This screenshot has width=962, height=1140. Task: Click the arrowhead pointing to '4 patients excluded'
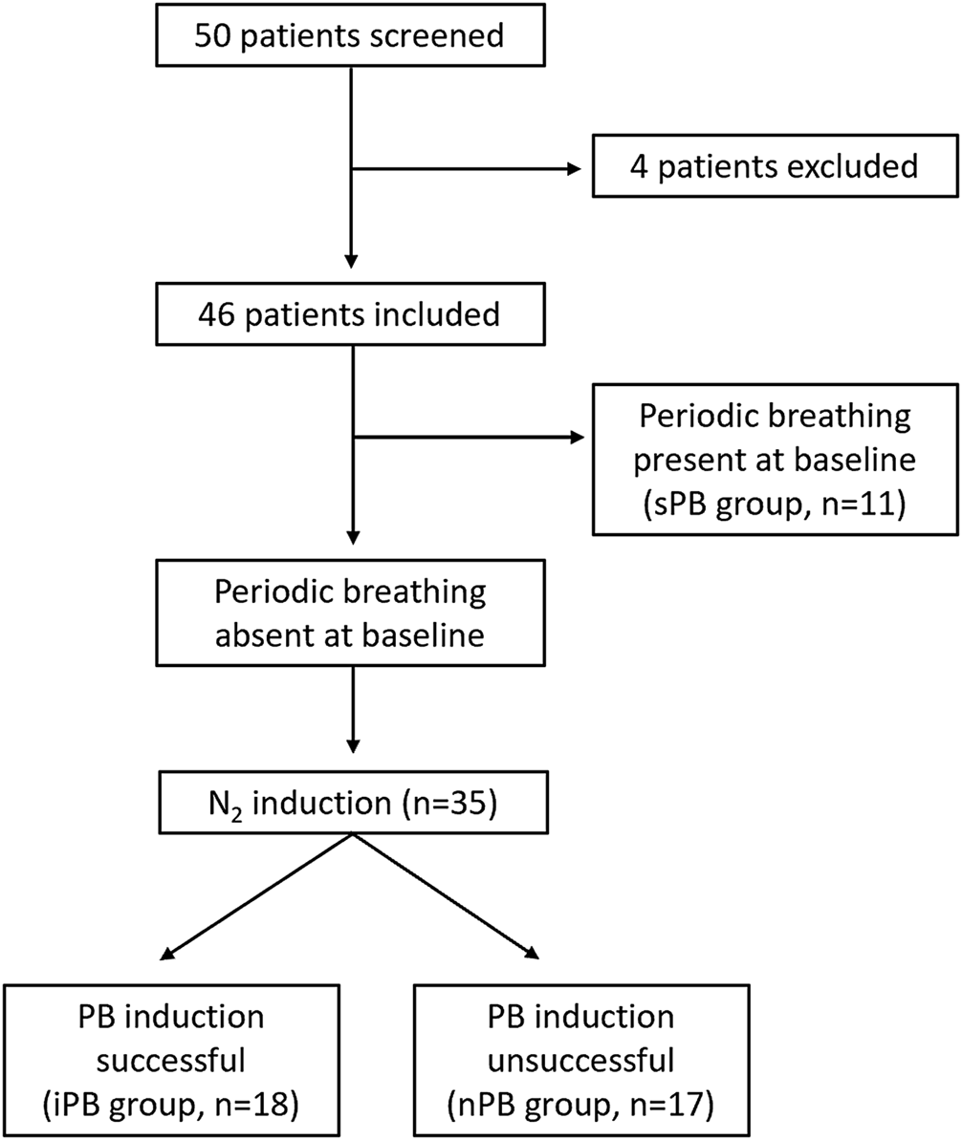pyautogui.click(x=574, y=168)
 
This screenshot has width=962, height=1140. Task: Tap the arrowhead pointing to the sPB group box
pyautogui.click(x=574, y=439)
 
